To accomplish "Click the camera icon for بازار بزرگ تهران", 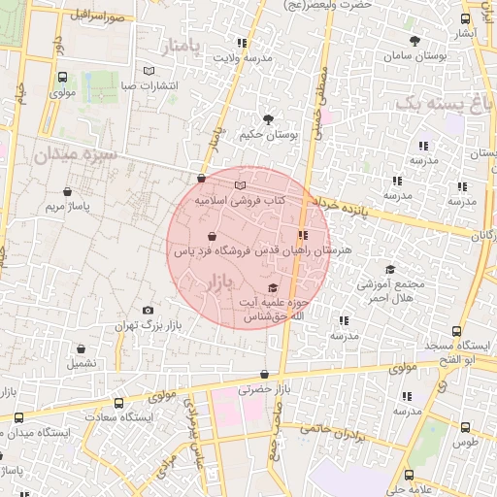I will [x=148, y=311].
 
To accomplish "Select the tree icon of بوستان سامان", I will [x=414, y=41].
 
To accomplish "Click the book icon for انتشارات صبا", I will [x=148, y=71].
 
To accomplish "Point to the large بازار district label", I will [x=220, y=282].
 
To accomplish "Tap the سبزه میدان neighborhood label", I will [x=74, y=154].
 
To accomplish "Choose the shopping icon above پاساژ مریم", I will [x=67, y=192].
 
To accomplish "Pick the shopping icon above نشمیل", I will [x=82, y=348].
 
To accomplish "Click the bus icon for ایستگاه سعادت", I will [x=118, y=403].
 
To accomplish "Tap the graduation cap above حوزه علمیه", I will [x=272, y=288].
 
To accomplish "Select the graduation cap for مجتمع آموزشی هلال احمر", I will [x=390, y=270].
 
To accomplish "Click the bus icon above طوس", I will [x=465, y=426].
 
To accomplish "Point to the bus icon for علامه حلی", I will [x=409, y=475].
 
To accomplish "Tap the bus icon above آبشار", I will [x=466, y=18].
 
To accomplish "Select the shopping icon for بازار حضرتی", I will [x=264, y=375].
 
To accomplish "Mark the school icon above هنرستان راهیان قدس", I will [x=304, y=235].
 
